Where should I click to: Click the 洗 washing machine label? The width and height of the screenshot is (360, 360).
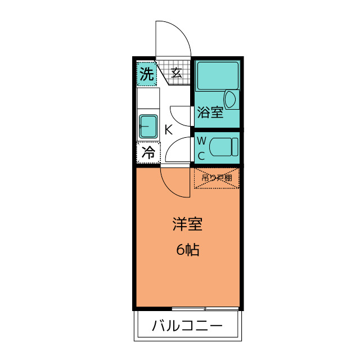coord(146,74)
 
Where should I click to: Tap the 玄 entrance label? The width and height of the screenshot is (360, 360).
coord(176,72)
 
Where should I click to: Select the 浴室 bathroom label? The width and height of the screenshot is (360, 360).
coord(210,113)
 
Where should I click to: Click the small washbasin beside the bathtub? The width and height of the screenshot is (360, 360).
coord(231,100)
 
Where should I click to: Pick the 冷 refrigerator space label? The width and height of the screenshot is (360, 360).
coord(148,152)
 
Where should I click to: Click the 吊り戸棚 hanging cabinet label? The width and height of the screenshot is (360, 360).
coord(217,178)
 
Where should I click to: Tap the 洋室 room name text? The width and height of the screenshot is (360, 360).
coord(187,225)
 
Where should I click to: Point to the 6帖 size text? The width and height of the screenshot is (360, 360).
coord(187,250)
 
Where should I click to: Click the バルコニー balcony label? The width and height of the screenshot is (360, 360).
coord(187,326)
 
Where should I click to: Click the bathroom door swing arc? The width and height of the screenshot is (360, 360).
coord(180,115)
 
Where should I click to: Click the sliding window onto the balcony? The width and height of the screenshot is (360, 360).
coord(206,309)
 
